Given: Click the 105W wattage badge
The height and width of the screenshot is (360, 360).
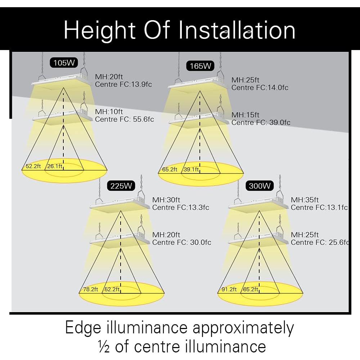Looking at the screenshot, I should click(x=64, y=63).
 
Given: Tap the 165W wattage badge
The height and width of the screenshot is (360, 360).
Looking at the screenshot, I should click(x=201, y=66).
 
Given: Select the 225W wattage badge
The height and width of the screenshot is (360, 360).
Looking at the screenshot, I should click(x=121, y=186).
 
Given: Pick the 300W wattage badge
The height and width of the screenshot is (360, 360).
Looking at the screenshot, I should click(x=259, y=186).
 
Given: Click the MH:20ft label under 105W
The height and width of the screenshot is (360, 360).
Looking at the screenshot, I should click(x=109, y=77).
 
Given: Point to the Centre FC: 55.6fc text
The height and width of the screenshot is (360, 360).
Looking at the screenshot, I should click(x=124, y=119).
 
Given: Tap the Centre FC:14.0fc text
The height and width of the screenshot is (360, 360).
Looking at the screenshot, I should click(x=260, y=87).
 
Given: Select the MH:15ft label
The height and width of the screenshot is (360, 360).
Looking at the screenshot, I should click(x=245, y=115).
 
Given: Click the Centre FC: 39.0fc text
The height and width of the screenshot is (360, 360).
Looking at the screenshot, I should click(x=261, y=122).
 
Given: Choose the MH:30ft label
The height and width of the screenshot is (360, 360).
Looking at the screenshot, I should click(x=166, y=200).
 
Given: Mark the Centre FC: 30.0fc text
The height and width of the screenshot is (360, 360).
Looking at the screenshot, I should click(x=181, y=242).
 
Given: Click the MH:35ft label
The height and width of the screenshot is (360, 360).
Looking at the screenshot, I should click(x=305, y=200).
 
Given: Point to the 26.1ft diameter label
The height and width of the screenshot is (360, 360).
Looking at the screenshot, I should click(x=55, y=166).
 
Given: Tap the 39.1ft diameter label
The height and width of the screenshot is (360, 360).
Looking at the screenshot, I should click(x=191, y=169).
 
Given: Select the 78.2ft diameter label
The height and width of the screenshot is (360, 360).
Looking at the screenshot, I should click(x=91, y=289).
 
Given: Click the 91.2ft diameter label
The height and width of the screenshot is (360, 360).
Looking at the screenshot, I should click(x=229, y=289).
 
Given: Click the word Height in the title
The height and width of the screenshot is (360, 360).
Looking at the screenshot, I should click(x=99, y=30).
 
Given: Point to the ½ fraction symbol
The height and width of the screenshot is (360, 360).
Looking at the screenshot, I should click(x=103, y=346).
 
